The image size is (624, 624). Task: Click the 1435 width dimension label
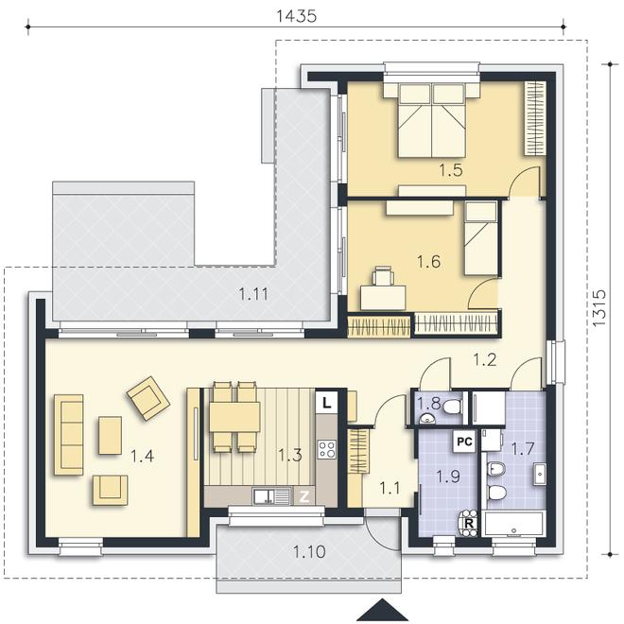[x=297, y=16]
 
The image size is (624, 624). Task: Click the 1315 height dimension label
[x=598, y=308]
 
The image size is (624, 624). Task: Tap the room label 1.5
[x=451, y=170]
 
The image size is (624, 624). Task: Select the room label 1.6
[x=428, y=262]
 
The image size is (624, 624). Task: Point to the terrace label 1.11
[x=253, y=294]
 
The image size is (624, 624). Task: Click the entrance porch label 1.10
[x=309, y=552]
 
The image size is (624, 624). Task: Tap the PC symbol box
[x=464, y=442]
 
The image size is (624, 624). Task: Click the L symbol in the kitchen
[x=326, y=403]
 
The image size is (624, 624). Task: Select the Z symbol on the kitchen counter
[x=304, y=496]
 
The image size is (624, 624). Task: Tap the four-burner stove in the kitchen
[x=327, y=449]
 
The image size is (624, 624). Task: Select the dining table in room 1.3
[x=234, y=417]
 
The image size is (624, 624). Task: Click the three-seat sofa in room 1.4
[x=69, y=435]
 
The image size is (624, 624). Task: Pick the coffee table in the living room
[x=111, y=435]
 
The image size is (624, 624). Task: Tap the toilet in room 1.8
[x=452, y=407]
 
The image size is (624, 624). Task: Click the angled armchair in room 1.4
[x=148, y=398]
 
